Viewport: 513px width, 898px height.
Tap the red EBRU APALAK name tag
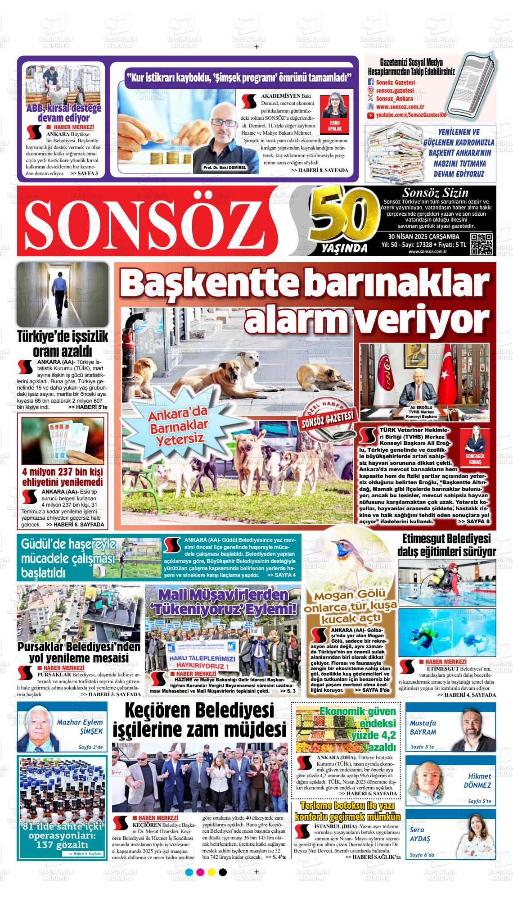(335, 125)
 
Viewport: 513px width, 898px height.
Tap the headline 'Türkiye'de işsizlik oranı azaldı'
(62, 343)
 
